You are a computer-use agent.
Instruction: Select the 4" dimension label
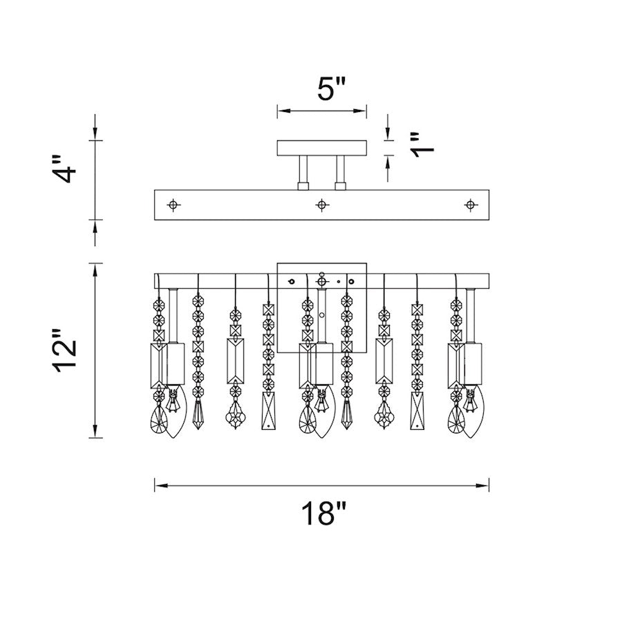[64, 169]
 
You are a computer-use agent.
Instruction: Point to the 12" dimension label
[64, 350]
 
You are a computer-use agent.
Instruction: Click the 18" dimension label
[323, 513]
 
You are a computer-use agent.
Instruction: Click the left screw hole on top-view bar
[173, 205]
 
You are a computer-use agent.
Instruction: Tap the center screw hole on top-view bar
[321, 205]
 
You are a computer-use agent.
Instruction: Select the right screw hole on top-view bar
[470, 205]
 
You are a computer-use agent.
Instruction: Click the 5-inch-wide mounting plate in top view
[321, 148]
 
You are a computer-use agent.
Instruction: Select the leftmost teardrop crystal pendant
[158, 420]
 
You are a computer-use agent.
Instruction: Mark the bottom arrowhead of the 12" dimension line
[95, 431]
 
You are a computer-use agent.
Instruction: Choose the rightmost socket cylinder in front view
[473, 364]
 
